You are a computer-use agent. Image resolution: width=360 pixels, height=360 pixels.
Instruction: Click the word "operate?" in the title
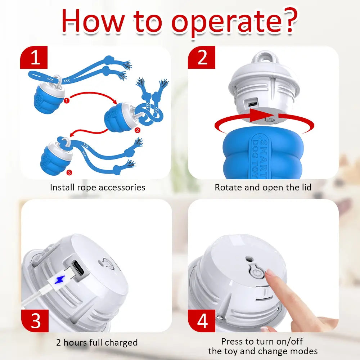[x=234, y=22]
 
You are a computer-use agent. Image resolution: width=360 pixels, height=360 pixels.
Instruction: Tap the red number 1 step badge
[x=34, y=57]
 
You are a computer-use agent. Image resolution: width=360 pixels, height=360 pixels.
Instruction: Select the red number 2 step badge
[x=202, y=57]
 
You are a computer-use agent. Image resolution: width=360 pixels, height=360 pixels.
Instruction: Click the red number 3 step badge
[x=35, y=321]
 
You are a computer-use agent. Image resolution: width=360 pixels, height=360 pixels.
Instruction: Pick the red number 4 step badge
[x=202, y=321]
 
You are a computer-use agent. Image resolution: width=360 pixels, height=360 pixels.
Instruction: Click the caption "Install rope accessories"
[x=98, y=187]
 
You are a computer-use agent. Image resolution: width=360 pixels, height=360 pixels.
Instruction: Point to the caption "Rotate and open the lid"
[x=263, y=187]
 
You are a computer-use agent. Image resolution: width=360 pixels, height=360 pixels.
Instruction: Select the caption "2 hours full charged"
[x=97, y=342]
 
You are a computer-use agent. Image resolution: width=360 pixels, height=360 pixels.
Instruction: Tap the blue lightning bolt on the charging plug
[x=59, y=279]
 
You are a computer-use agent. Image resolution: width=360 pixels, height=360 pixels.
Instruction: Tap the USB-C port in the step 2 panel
[x=252, y=104]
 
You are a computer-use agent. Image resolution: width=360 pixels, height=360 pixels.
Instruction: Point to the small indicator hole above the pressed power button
[x=248, y=259]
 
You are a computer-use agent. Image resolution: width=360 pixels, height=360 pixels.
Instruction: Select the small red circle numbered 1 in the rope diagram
[x=66, y=100]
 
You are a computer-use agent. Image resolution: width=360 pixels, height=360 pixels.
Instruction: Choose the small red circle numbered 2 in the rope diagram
[x=137, y=130]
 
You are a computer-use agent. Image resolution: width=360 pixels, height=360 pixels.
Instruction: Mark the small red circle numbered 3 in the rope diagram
[x=69, y=172]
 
